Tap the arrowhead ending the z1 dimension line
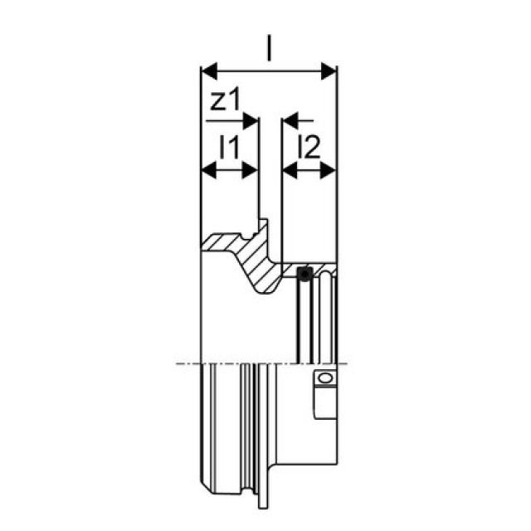pyautogui.click(x=252, y=121)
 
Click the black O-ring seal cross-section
pyautogui.click(x=305, y=272)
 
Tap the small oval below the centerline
pyautogui.click(x=324, y=378)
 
